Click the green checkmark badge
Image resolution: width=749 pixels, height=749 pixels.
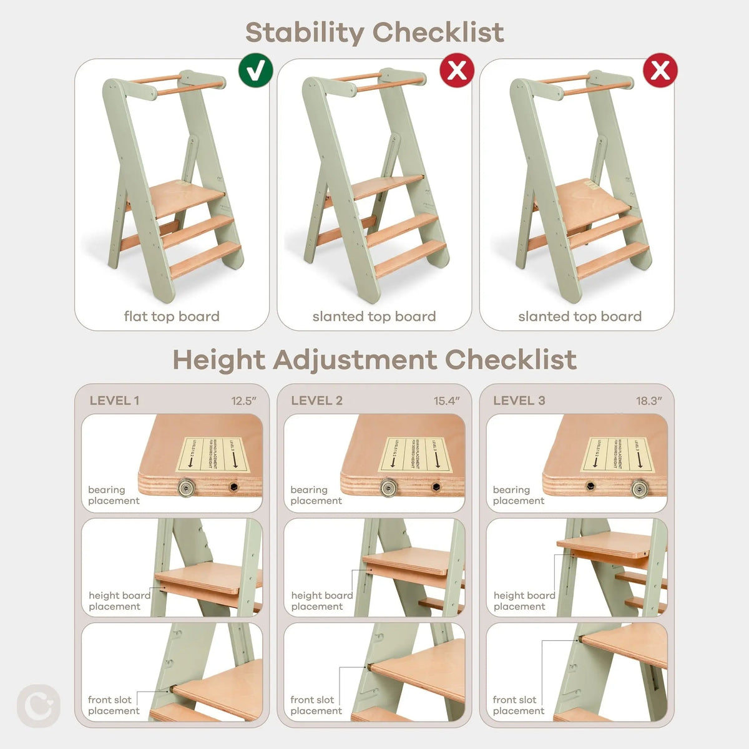coord(256,71)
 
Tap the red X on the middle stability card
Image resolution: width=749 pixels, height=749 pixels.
coord(458,71)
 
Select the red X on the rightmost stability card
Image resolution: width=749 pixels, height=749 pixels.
coord(660,71)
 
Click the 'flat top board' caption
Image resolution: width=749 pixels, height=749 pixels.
coord(172,316)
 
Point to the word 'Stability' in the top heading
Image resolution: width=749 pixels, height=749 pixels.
coord(304,32)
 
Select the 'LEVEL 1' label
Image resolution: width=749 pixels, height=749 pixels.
coord(114,401)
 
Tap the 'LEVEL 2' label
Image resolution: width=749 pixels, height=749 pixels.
coord(316,401)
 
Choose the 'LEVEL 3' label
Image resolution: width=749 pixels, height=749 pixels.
coord(519,401)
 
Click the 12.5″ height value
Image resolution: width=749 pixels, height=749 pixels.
coord(244,401)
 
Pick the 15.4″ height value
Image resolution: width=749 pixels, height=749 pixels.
coord(447,401)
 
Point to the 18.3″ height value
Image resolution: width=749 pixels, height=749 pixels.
coord(649,401)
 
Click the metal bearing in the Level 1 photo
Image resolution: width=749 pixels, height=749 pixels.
coord(185,487)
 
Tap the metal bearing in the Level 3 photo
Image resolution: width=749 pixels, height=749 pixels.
coord(640,487)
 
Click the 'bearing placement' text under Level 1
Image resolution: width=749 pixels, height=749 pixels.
coord(114,496)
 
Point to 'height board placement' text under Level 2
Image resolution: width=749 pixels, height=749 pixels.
coord(321,601)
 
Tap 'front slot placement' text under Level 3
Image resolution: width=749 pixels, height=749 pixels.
coord(519,705)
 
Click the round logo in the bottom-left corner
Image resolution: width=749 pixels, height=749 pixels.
coord(39,706)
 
